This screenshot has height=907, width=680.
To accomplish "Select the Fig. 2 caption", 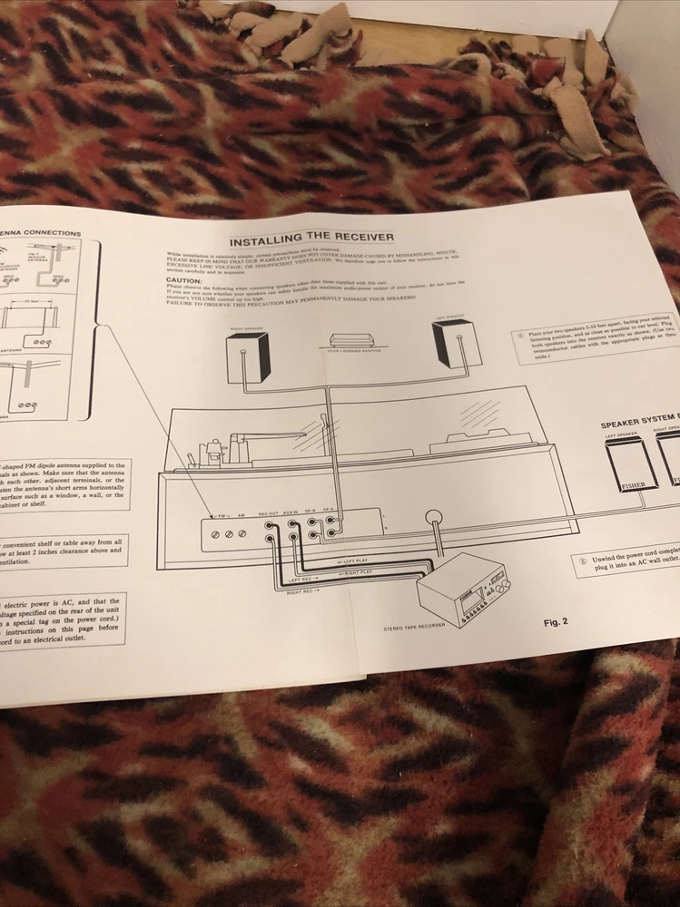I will (x=555, y=622).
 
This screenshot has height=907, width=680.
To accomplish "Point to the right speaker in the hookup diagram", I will (x=249, y=356).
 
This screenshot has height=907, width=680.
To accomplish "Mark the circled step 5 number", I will (x=582, y=560).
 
